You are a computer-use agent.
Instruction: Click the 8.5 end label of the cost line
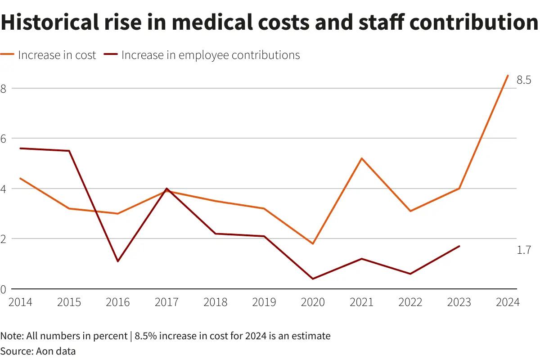pos(524,81)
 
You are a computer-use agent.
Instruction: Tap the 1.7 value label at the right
pos(524,250)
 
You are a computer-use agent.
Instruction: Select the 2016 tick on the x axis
pos(118,302)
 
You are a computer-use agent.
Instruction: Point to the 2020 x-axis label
pos(313,302)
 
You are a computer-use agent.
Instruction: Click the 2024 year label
pos(508,302)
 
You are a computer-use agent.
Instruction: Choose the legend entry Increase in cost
pos(57,55)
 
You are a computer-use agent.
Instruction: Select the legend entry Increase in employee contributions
pos(211,55)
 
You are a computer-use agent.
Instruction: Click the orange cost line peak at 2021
pos(361,158)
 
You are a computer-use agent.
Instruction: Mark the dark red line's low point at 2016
pos(118,261)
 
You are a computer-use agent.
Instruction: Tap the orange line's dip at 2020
pos(313,243)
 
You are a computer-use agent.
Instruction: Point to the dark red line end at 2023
pos(459,246)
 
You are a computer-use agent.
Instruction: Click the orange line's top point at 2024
pos(508,76)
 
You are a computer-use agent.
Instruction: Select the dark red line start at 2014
pos(21,148)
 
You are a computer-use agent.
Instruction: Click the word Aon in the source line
pos(44,351)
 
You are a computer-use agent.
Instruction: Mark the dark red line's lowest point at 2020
pos(313,279)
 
